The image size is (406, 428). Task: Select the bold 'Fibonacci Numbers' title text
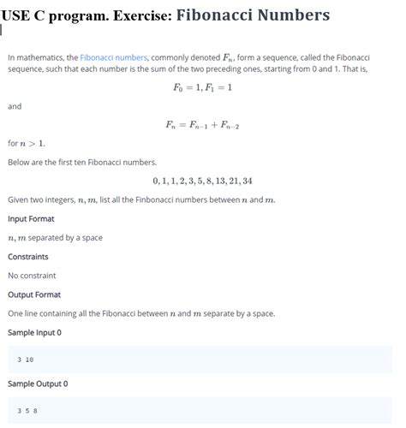click(254, 15)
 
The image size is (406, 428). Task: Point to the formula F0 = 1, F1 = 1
click(202, 87)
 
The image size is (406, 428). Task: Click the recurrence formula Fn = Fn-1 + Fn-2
click(202, 125)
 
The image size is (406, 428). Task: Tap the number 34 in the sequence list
click(247, 181)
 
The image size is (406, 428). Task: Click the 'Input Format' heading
click(31, 218)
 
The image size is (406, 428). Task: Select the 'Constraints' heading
click(28, 256)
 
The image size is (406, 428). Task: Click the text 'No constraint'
click(32, 275)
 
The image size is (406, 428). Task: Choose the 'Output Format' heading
click(34, 294)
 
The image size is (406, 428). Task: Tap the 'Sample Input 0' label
click(34, 332)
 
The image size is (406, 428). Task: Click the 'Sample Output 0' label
click(38, 383)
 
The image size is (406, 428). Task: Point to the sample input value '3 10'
click(25, 360)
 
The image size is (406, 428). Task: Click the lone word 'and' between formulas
click(15, 106)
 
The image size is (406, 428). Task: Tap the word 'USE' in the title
click(18, 15)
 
